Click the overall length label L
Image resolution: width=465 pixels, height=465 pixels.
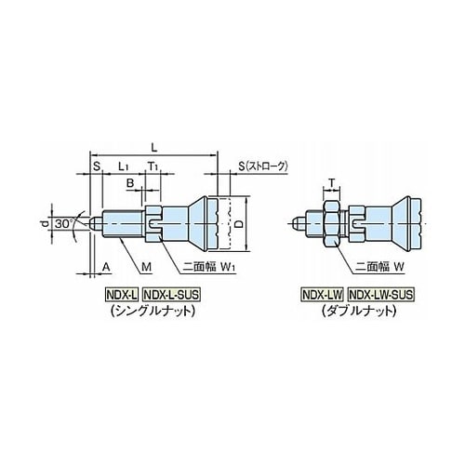tap(154, 147)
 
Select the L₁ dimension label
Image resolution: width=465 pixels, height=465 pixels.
tap(123, 166)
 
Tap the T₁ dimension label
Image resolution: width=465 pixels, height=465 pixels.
tap(153, 166)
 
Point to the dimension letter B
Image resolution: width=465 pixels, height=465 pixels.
tap(130, 183)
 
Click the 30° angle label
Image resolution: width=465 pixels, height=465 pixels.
tap(64, 223)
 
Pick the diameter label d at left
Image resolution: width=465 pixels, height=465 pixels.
tap(46, 223)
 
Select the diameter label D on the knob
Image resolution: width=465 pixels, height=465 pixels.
tap(238, 223)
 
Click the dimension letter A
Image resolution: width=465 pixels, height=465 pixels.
tap(106, 266)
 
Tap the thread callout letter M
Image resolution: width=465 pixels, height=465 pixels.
tap(146, 266)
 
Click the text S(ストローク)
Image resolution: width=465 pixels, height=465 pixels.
tap(263, 166)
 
